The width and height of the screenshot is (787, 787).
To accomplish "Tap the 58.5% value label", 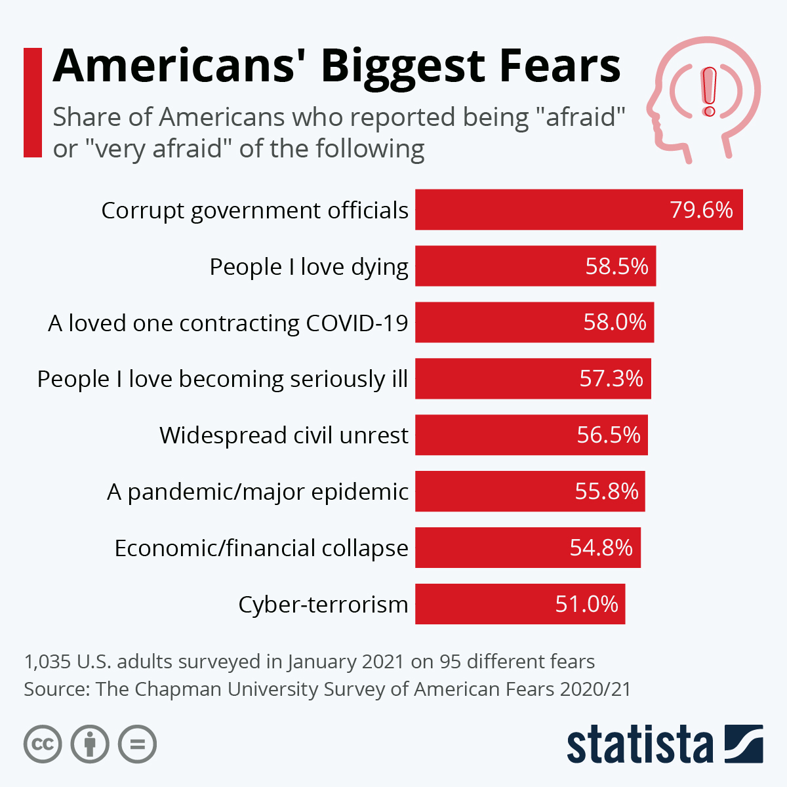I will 616,266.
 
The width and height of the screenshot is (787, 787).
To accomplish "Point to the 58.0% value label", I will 615,323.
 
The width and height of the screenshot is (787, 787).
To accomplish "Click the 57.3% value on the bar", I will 611,379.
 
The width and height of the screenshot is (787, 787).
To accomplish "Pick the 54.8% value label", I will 601,548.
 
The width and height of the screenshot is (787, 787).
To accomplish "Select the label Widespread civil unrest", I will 284,435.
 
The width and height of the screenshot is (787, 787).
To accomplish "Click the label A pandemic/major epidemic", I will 258,492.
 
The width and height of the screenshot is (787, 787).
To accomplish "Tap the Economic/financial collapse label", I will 262,548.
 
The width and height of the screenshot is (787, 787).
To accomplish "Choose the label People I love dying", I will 309,267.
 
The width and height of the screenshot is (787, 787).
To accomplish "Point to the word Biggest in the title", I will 403,67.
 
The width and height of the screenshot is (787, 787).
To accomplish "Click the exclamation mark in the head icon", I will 709,92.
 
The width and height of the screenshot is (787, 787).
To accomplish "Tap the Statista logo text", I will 639,745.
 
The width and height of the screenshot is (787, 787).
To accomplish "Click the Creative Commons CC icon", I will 43,744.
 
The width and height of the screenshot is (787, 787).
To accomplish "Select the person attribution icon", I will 90,744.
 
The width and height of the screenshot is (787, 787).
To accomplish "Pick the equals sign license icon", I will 137,744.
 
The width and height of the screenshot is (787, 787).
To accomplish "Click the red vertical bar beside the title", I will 32,102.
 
